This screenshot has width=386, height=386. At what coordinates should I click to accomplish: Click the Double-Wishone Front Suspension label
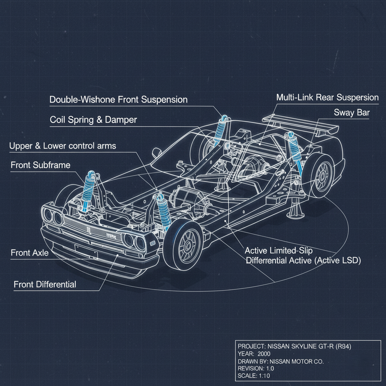(x=118, y=100)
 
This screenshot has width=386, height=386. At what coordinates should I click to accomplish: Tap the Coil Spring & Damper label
(x=93, y=120)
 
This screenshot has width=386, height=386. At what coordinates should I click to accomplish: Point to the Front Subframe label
(x=40, y=165)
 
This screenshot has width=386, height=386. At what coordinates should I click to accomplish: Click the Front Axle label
(x=29, y=253)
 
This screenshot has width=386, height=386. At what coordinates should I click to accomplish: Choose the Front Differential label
(x=45, y=284)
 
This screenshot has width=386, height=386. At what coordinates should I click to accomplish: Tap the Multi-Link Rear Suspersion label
(x=327, y=98)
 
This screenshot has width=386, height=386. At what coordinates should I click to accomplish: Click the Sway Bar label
(x=351, y=112)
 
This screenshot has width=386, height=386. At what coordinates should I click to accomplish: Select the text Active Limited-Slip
(x=279, y=250)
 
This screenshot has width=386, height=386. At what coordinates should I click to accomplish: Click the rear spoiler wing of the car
(x=298, y=123)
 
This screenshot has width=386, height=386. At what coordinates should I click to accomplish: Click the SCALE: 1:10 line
(x=254, y=376)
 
